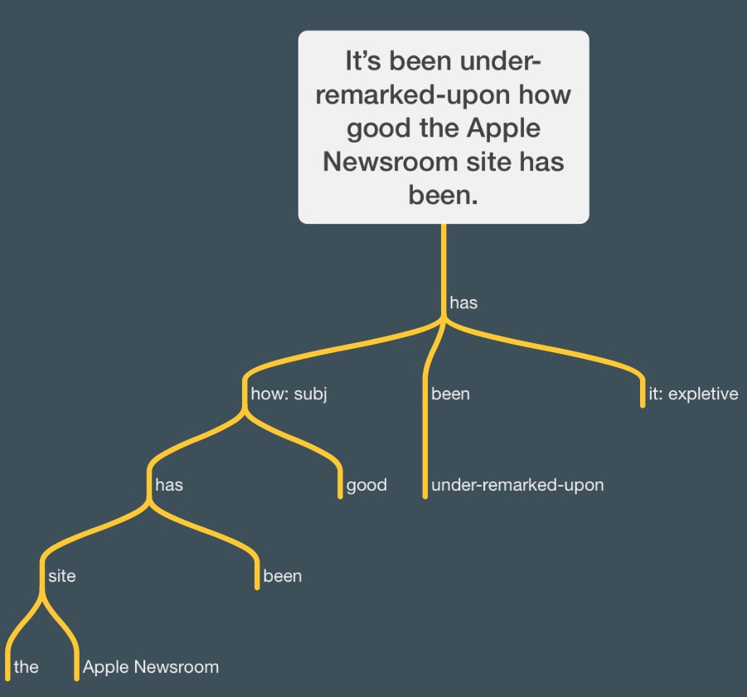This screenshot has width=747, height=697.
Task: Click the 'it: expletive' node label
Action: coord(693,394)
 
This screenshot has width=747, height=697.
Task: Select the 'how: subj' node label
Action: coord(289,394)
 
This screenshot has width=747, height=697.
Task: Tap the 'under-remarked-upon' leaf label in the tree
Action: coord(517,485)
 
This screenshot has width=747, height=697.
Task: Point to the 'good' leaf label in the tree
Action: coord(366,485)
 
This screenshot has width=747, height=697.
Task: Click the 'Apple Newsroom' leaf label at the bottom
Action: coord(151,667)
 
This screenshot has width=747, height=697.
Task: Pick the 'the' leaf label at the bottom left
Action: coord(27,667)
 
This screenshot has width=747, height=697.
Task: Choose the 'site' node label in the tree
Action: coord(62,576)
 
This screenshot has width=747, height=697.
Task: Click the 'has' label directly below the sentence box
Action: coord(463,303)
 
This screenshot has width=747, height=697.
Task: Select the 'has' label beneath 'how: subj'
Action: coord(169,485)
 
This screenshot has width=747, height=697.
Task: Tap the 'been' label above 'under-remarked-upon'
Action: coord(451,394)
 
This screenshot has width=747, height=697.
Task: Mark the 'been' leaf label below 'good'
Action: coord(283,576)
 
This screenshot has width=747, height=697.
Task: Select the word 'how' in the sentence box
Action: coord(545,94)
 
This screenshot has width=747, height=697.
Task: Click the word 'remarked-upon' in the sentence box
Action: coord(414,95)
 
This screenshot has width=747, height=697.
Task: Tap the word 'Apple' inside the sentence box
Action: coord(503,128)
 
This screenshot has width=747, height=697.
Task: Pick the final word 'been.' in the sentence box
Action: coord(443,195)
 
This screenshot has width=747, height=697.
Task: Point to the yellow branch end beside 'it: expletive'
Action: coord(643,404)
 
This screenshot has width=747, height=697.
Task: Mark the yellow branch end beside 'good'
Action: coord(340,496)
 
